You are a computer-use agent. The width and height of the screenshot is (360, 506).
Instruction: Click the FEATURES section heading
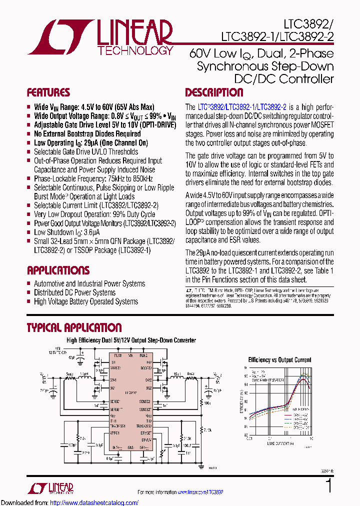click(x=48, y=93)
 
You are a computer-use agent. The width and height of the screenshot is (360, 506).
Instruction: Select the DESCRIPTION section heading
click(x=214, y=93)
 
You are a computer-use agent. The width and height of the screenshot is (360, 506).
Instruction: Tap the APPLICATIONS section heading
click(x=58, y=270)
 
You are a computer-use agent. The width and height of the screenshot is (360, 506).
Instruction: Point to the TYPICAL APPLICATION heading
click(x=74, y=328)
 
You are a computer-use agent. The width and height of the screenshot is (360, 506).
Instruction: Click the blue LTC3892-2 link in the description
click(x=271, y=107)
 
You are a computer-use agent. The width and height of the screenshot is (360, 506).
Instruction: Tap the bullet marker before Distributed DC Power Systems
click(x=29, y=293)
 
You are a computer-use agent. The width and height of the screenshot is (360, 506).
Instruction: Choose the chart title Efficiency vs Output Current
click(x=279, y=359)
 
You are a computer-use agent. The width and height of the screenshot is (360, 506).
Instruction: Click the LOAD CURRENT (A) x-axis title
click(x=280, y=443)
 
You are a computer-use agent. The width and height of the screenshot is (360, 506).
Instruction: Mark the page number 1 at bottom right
click(x=328, y=486)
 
